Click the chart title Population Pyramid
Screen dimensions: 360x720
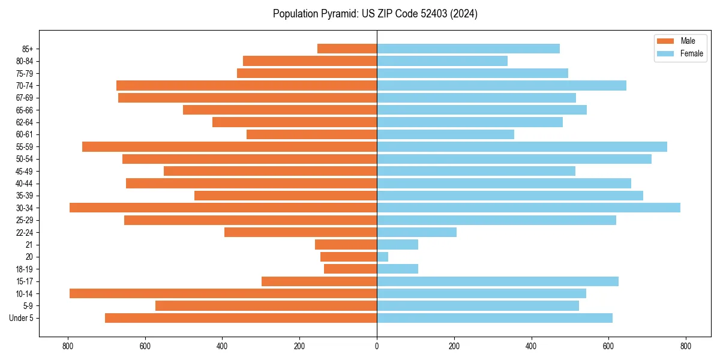(x=375, y=14)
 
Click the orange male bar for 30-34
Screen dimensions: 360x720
(x=223, y=208)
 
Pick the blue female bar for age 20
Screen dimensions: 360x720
(x=383, y=257)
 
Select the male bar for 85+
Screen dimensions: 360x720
(x=347, y=49)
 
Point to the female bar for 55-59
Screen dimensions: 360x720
(x=522, y=146)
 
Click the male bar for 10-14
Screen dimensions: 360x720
(x=223, y=293)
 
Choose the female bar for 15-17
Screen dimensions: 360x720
(x=497, y=281)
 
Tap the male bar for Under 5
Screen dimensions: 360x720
(x=241, y=318)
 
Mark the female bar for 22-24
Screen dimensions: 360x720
(x=416, y=232)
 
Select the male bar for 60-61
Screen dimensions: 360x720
(x=311, y=134)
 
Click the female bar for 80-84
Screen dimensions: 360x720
(x=442, y=61)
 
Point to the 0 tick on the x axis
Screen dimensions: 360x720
(x=377, y=346)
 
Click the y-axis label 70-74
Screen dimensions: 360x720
(x=25, y=86)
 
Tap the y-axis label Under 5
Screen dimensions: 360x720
(x=22, y=318)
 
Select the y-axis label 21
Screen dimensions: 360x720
(x=29, y=245)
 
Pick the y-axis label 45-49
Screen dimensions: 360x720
(x=25, y=171)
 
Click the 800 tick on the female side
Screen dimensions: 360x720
(x=686, y=346)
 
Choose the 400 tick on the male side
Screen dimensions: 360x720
(x=223, y=346)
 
